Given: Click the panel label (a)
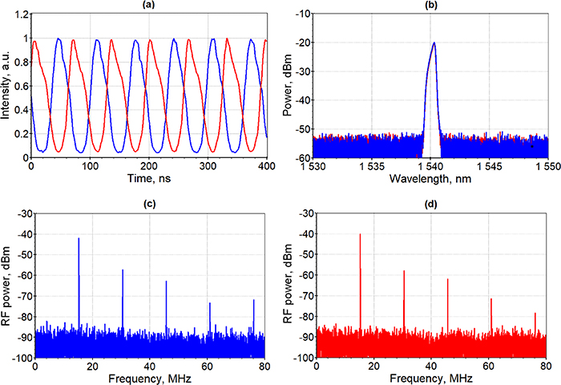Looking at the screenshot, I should (148, 6).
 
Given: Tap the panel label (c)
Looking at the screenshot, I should (148, 201).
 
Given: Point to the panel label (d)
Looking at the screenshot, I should (433, 201).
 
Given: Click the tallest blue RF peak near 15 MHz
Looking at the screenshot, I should (79, 239).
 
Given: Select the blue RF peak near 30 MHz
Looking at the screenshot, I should (123, 270).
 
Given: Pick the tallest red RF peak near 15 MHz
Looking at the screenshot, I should (361, 235).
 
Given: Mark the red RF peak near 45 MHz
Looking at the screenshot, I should (447, 280).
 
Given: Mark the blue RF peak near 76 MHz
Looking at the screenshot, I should (253, 301).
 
